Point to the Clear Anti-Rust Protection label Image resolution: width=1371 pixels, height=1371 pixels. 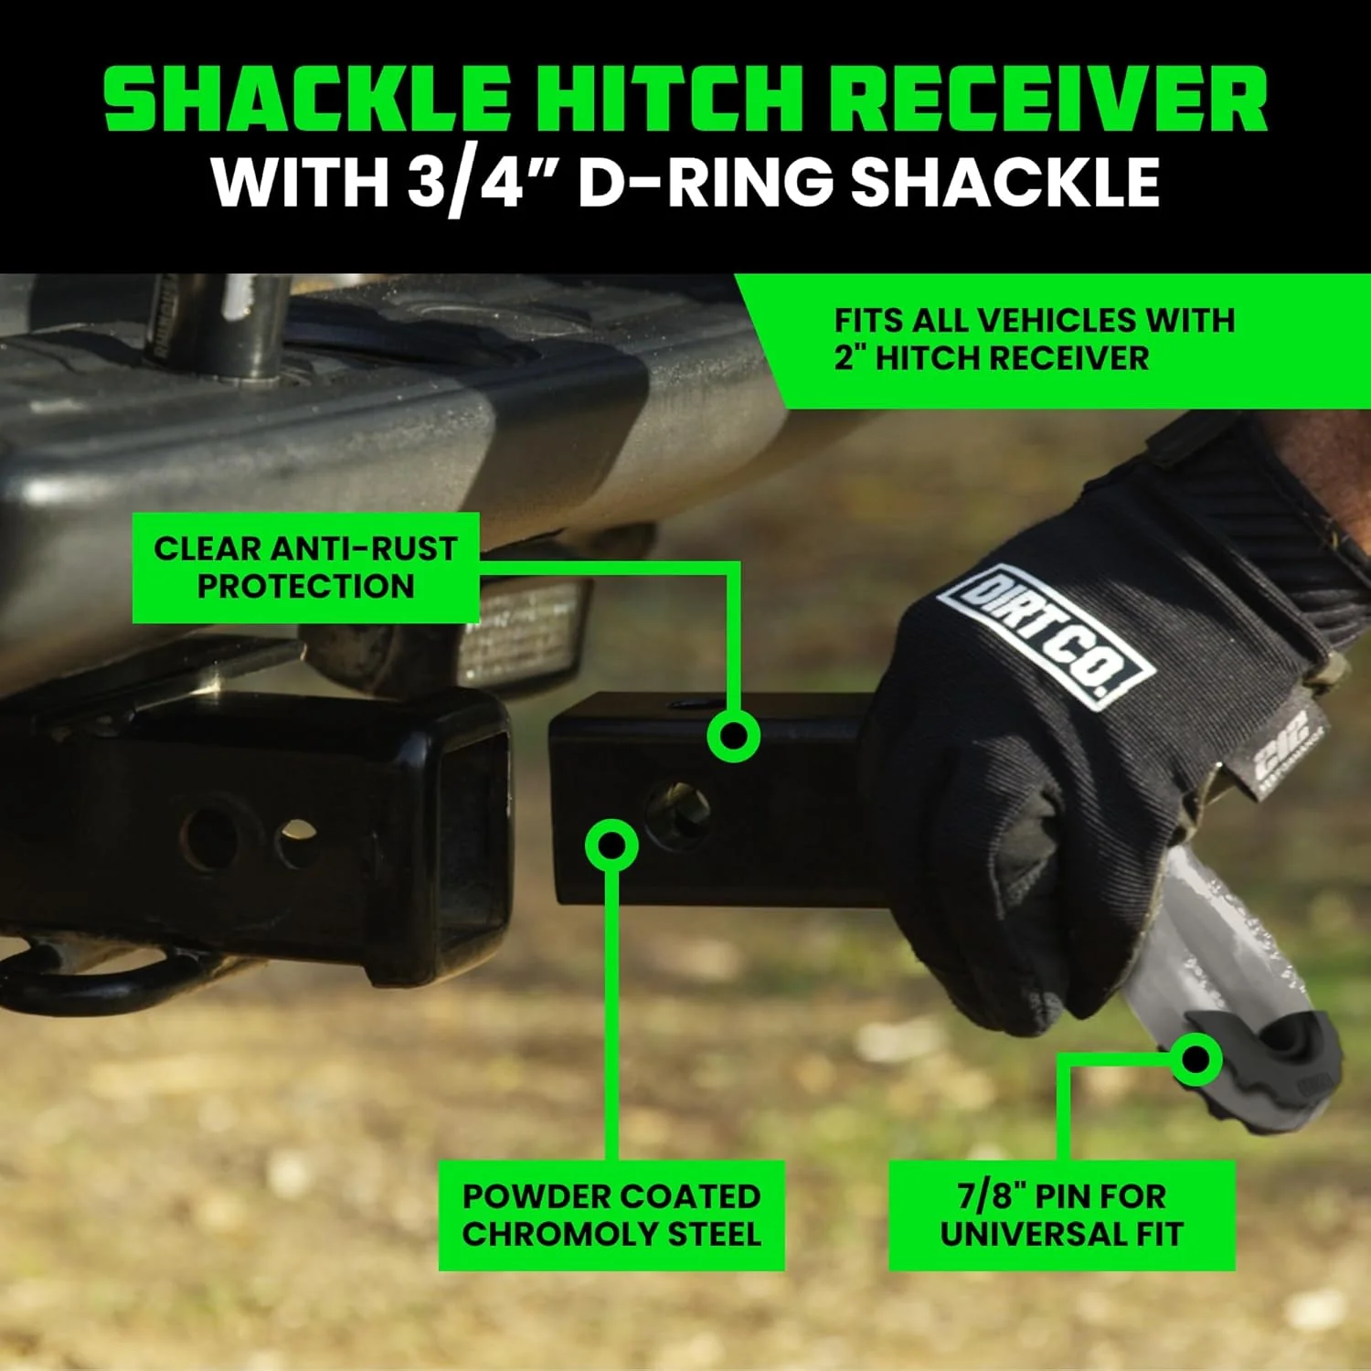pos(305,568)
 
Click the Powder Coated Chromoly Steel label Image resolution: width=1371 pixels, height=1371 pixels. pos(611,1215)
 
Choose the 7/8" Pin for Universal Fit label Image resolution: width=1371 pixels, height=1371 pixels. pos(1061,1215)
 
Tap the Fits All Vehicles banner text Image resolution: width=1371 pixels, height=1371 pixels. pos(1033,339)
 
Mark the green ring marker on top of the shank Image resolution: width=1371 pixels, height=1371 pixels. pos(733,736)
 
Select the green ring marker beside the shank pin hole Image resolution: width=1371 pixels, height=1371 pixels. pos(611,845)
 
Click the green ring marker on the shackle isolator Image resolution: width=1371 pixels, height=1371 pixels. pos(1195,1059)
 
